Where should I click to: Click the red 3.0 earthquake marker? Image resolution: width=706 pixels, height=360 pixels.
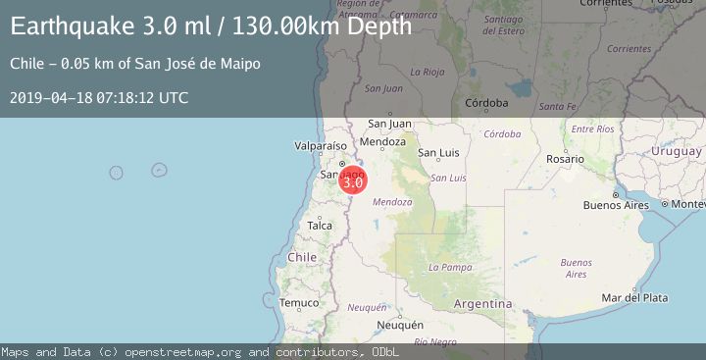tap(352, 180)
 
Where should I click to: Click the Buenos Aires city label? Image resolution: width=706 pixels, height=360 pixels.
tap(616, 205)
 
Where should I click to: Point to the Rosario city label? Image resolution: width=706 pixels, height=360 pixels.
tap(566, 159)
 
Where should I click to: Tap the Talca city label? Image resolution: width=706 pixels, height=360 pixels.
tap(320, 226)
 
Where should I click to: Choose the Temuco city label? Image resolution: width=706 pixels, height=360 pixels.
tap(299, 303)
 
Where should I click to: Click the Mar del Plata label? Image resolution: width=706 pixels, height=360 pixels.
tap(634, 298)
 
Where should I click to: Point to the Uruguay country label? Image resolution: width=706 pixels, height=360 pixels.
tap(677, 151)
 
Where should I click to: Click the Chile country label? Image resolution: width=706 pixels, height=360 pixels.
tap(302, 257)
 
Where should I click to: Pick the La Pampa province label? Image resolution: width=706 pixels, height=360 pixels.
tap(450, 267)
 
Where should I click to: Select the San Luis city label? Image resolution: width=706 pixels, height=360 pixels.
tap(438, 153)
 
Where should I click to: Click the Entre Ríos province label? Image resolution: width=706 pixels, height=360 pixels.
tap(591, 129)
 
